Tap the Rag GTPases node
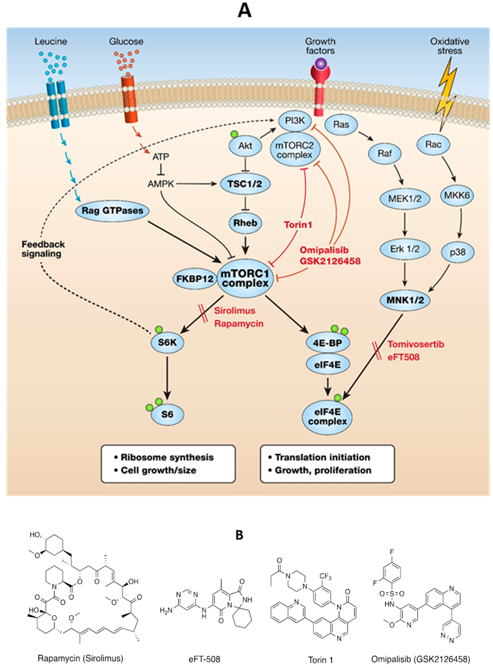click(112, 211)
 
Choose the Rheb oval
click(245, 223)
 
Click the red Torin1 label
click(298, 225)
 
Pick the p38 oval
click(457, 252)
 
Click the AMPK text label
click(161, 184)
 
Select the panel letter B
click(239, 535)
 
